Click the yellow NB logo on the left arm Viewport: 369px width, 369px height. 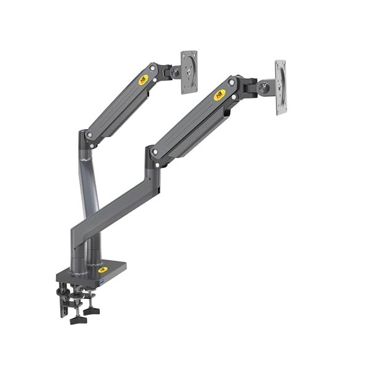tap(143, 79)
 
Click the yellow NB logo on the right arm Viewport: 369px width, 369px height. tap(220, 95)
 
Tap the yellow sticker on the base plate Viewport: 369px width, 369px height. tap(102, 269)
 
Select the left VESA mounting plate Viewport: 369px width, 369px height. tap(189, 72)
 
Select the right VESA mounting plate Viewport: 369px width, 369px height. tap(280, 87)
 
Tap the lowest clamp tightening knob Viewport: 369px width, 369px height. tap(78, 319)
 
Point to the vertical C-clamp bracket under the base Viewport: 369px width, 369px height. tap(63, 301)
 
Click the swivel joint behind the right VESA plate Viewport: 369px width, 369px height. tap(265, 88)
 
